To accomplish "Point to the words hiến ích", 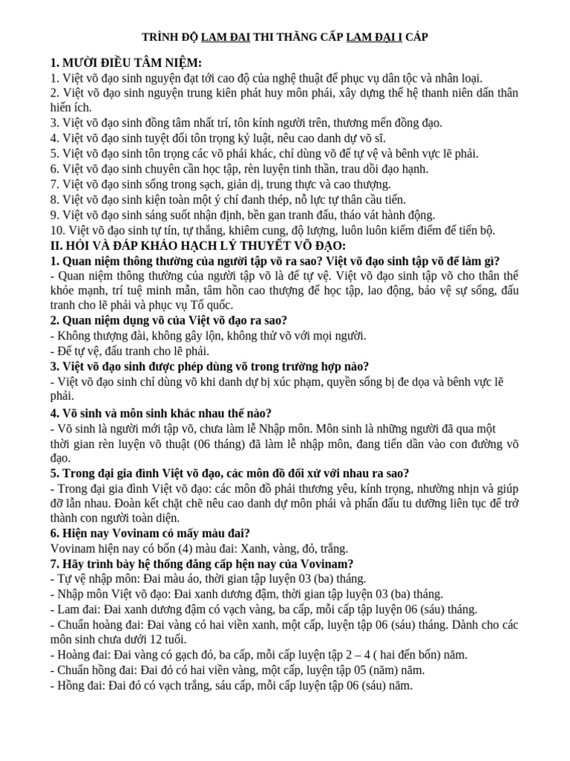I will [x=71, y=108].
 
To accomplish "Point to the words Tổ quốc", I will [x=214, y=305].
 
